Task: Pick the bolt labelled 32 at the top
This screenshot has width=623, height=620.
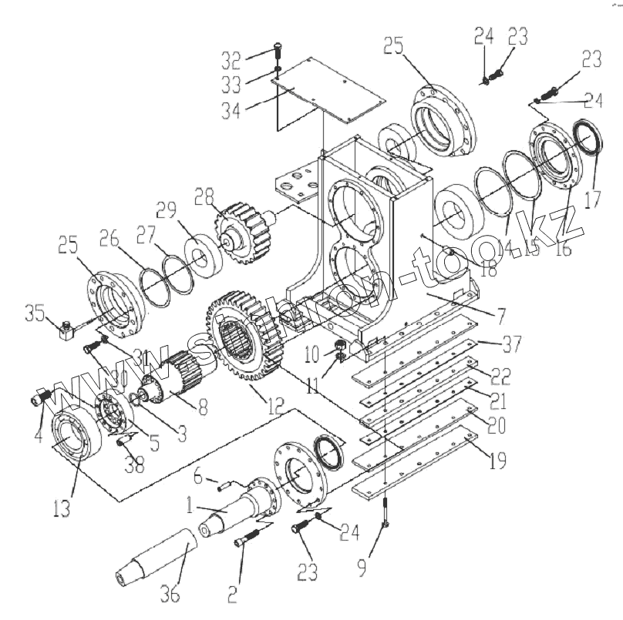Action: pos(278,53)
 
